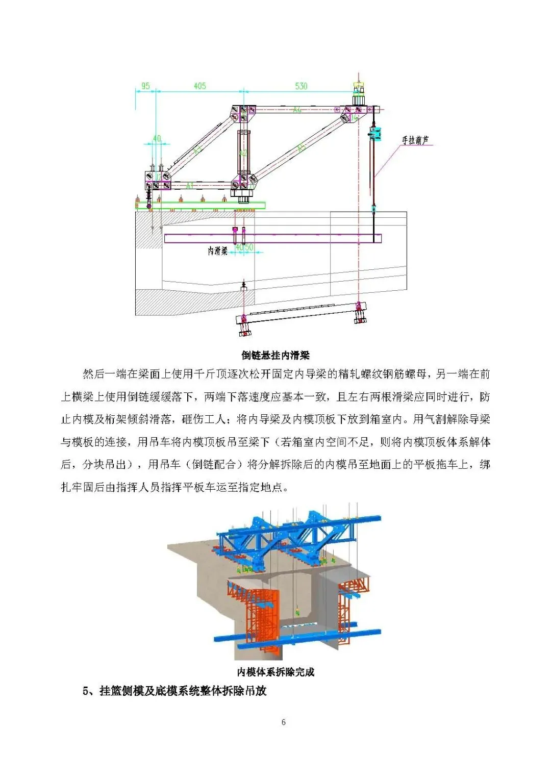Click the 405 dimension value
tap(199, 86)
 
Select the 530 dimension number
tap(301, 86)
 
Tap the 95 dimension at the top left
tap(145, 86)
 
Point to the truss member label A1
tap(190, 185)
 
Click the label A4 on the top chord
tap(297, 110)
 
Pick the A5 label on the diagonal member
tap(301, 148)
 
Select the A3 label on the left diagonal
tap(198, 149)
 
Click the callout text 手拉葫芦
tap(415, 140)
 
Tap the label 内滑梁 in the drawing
tap(217, 251)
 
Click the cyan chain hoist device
tap(376, 134)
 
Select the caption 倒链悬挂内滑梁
tap(275, 356)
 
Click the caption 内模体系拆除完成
tap(275, 672)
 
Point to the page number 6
tap(284, 722)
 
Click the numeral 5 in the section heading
tap(86, 691)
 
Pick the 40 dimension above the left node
tap(157, 138)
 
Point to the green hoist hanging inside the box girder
tap(296, 611)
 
